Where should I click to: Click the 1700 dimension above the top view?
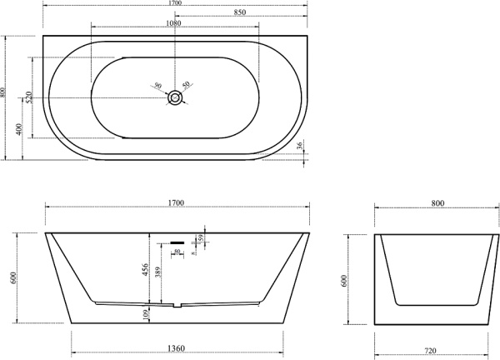click(175, 4)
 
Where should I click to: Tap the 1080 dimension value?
click(174, 24)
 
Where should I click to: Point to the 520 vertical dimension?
click(29, 97)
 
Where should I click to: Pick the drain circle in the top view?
click(175, 98)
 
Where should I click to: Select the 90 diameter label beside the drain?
click(157, 84)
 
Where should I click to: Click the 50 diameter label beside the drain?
click(187, 84)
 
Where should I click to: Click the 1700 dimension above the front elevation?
click(175, 202)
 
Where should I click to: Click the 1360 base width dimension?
click(175, 351)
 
